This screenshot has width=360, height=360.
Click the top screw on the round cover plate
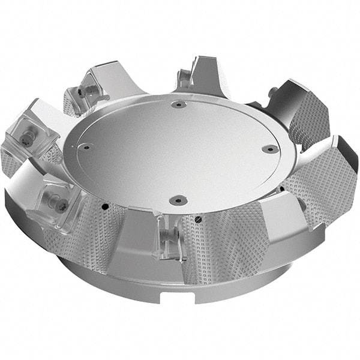[x=178, y=104]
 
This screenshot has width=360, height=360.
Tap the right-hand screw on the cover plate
[x=271, y=148]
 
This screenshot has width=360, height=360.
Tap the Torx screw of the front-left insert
[x=62, y=205]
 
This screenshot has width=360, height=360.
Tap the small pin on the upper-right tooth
[x=274, y=92]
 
